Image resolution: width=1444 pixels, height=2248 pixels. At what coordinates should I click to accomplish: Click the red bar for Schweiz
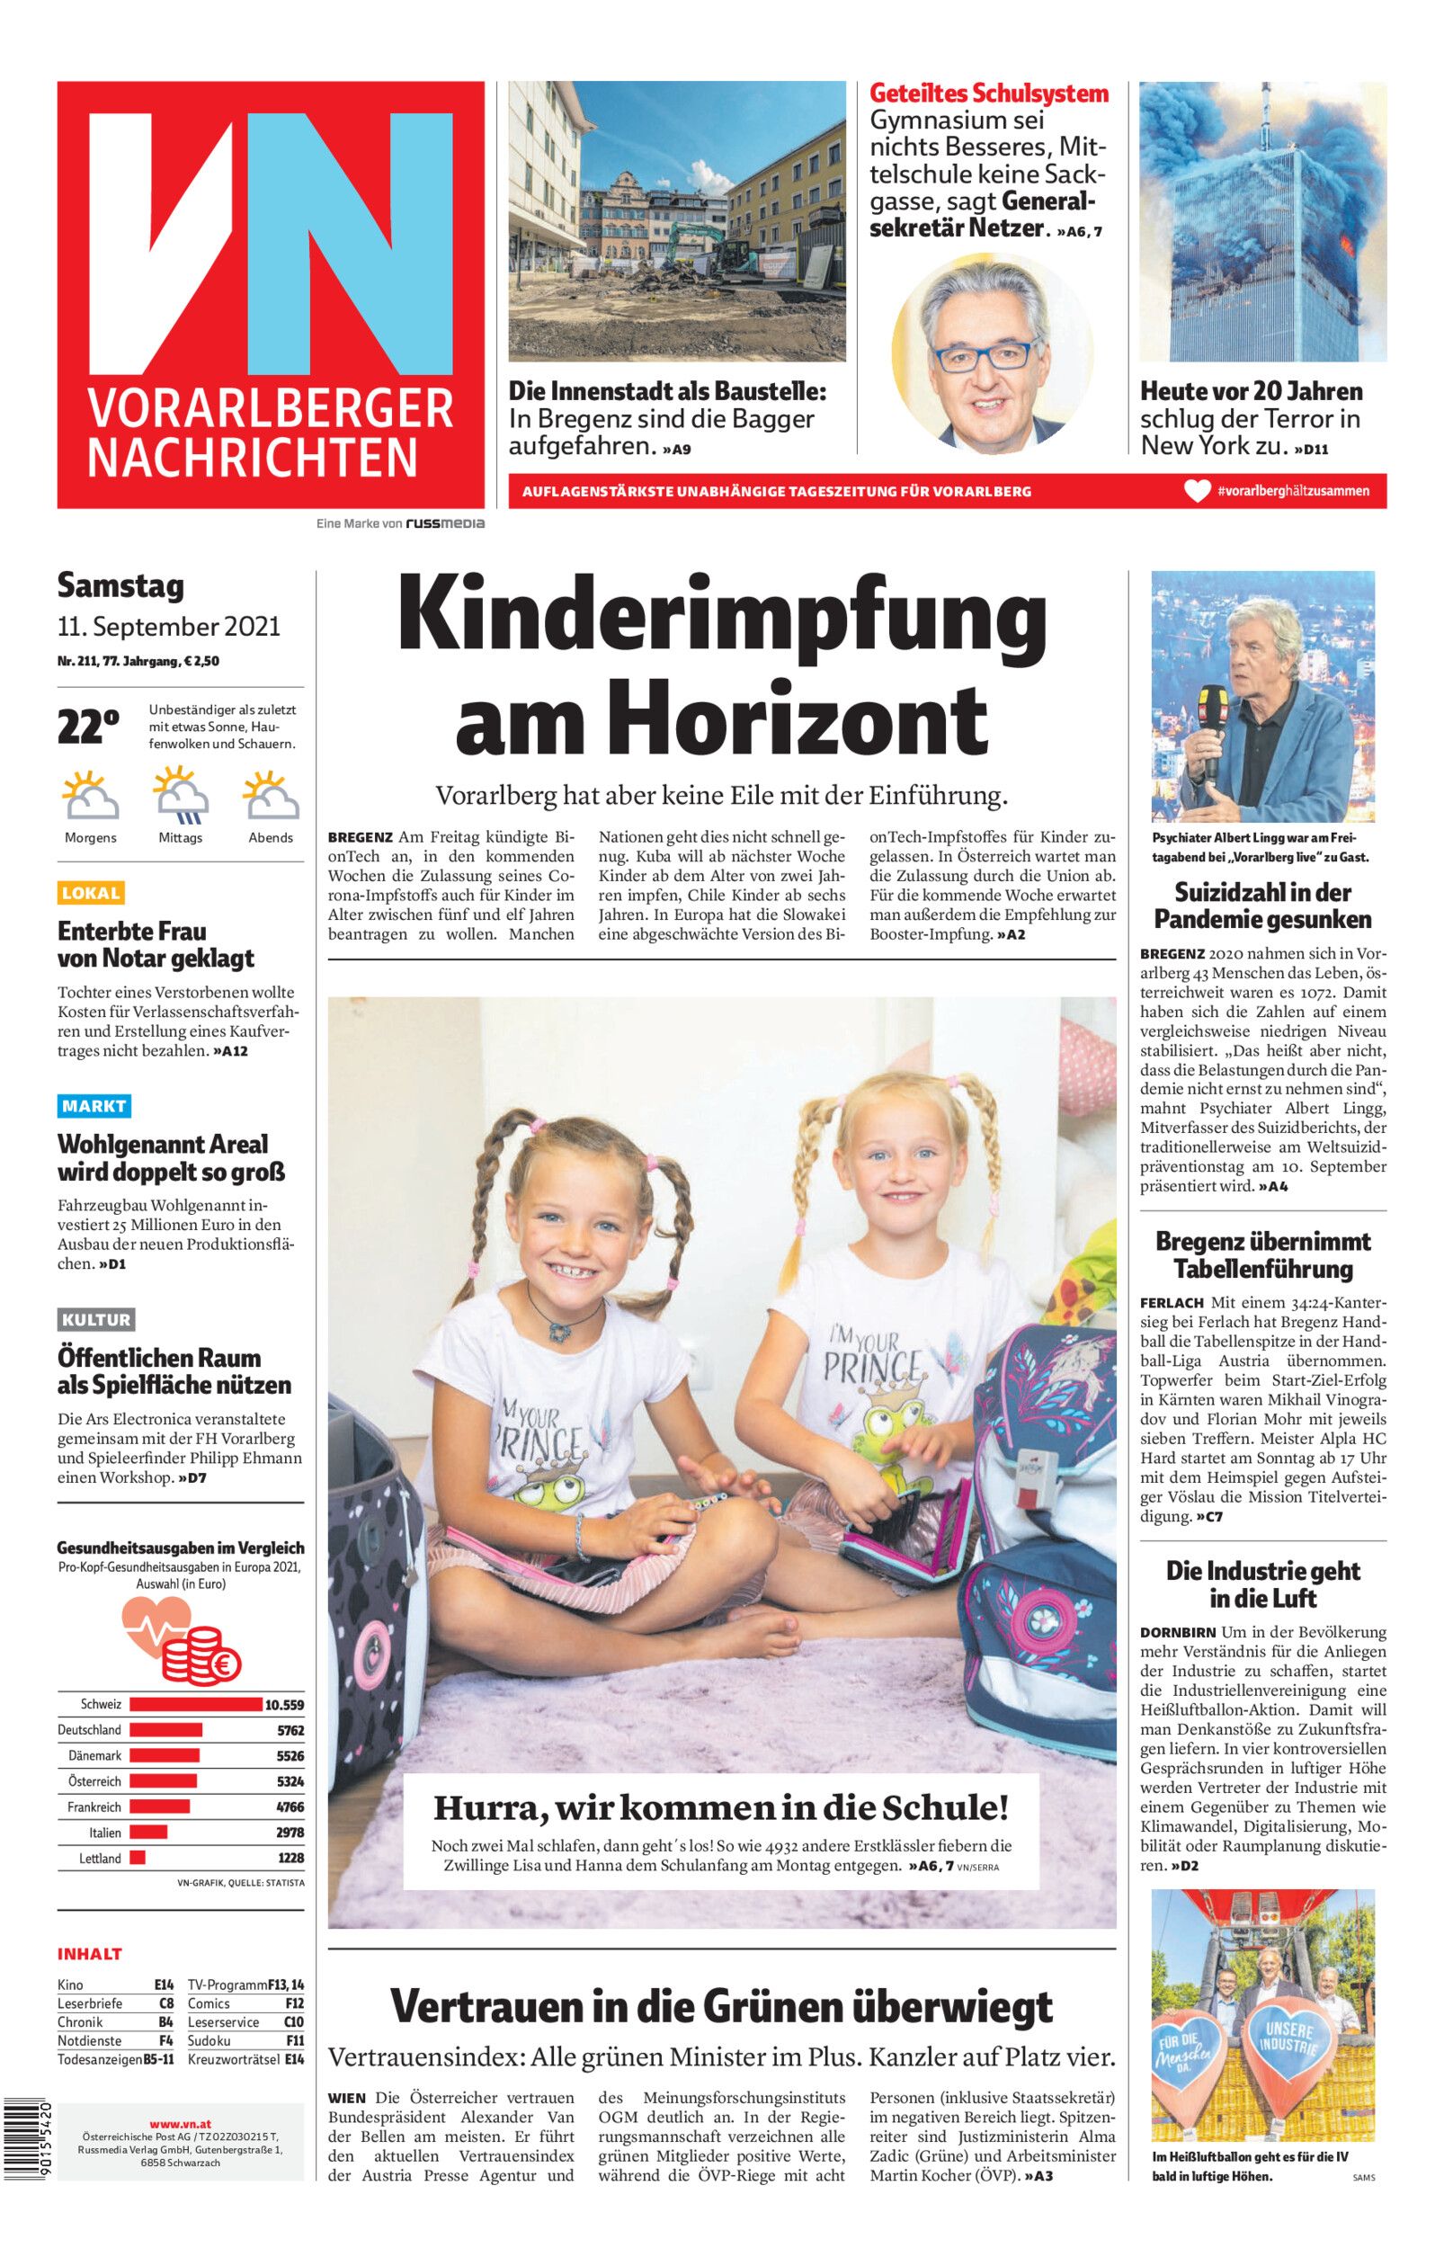click(x=195, y=1704)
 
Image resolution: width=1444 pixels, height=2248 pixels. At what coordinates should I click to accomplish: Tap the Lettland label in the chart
click(x=101, y=1858)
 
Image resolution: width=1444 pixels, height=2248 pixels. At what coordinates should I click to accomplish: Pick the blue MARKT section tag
click(x=94, y=1106)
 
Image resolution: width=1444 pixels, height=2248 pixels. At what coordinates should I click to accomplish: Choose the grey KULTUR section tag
click(x=95, y=1320)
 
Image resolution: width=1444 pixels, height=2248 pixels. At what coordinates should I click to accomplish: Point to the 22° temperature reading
click(x=88, y=727)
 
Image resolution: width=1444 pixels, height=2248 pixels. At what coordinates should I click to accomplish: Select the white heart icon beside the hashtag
click(x=1198, y=491)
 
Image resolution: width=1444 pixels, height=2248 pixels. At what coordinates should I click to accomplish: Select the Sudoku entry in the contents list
click(x=209, y=2041)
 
